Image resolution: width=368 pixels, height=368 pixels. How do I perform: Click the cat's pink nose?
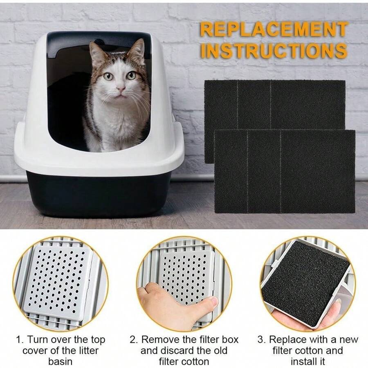pos(121,88)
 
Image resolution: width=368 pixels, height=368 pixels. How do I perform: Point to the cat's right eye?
pos(108,76)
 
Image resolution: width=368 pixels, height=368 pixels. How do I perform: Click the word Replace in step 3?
pos(289,340)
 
